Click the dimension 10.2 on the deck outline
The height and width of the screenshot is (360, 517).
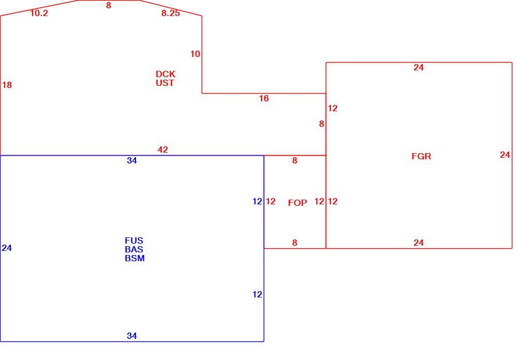(39, 13)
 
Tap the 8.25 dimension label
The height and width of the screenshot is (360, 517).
(171, 13)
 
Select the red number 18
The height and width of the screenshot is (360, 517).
(7, 85)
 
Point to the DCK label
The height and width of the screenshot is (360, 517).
(165, 74)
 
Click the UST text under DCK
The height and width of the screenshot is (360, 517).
(165, 83)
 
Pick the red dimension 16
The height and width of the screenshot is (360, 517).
(264, 98)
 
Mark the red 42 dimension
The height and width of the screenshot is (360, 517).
(162, 150)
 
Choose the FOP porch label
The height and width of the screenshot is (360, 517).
(297, 203)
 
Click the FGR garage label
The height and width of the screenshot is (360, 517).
(421, 156)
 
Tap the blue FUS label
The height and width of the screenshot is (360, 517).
(134, 241)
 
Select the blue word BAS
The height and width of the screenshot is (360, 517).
(134, 249)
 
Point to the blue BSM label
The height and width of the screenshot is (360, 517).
(134, 258)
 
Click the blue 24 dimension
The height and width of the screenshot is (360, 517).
(7, 248)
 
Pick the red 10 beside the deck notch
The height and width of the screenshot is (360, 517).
(195, 54)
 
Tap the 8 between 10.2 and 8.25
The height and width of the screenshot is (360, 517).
(109, 5)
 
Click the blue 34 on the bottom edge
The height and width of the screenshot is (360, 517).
(132, 336)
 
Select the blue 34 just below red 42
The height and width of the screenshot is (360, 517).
(132, 161)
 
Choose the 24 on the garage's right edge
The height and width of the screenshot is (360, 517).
(505, 155)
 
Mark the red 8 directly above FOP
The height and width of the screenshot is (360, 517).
(295, 161)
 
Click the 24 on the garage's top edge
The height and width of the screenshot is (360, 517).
(418, 67)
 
